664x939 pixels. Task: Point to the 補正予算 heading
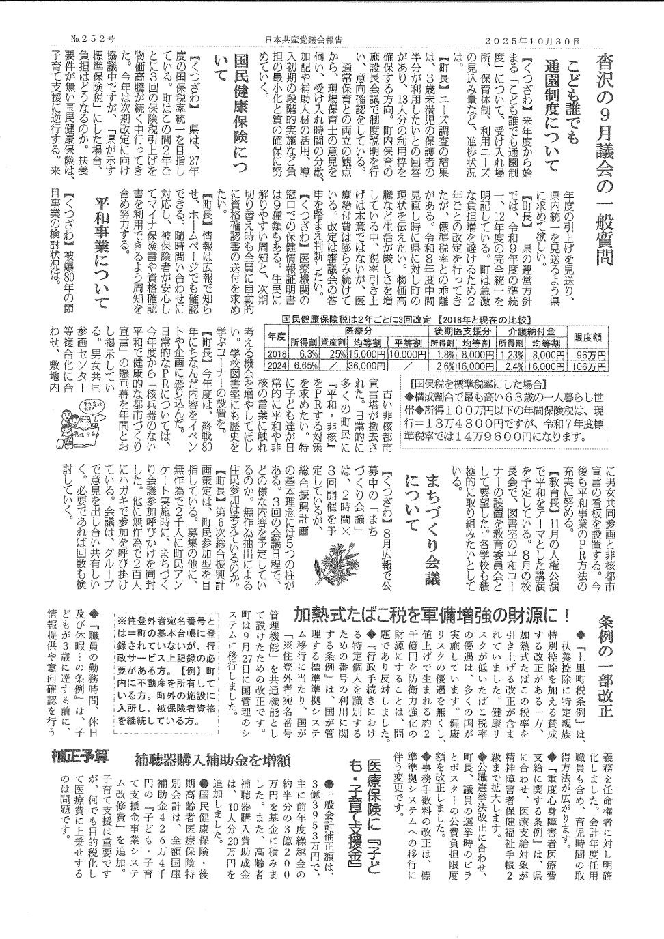click(x=80, y=757)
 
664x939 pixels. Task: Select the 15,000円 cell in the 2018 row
click(x=363, y=354)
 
